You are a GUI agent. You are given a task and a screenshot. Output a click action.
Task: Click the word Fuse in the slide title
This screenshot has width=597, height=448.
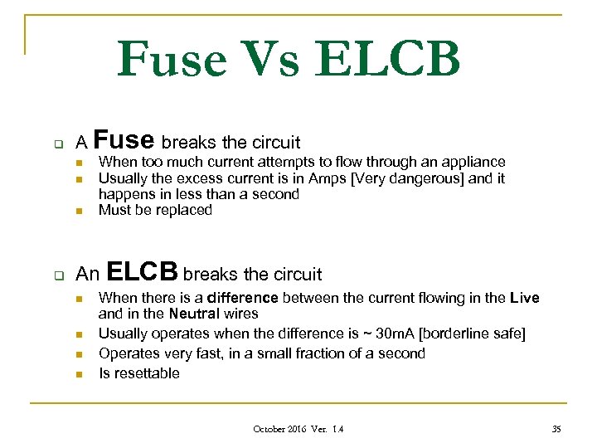pyautogui.click(x=172, y=60)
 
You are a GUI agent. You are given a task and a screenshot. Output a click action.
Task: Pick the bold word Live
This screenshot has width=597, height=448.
pyautogui.click(x=524, y=298)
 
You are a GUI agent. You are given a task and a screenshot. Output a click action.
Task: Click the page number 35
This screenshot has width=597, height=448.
pyautogui.click(x=556, y=429)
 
